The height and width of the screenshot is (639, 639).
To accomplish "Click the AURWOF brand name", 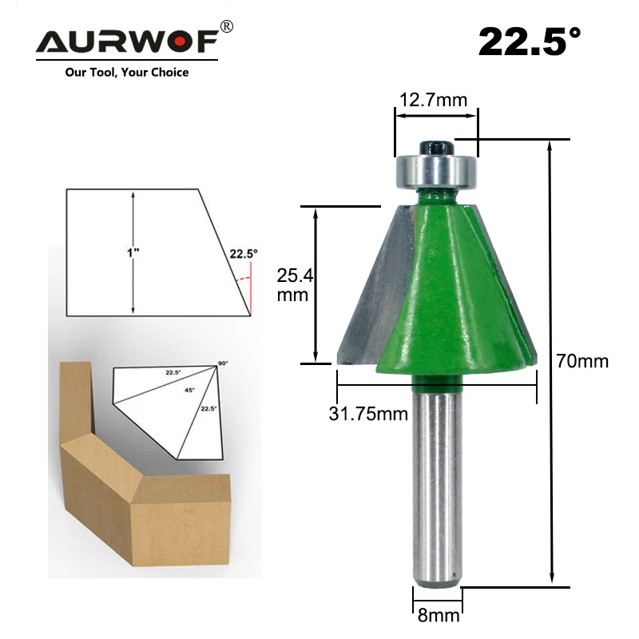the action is [x=127, y=42].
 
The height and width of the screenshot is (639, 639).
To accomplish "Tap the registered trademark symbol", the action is [x=227, y=26].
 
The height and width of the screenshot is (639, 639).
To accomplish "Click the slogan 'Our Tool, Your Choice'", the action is [x=127, y=73].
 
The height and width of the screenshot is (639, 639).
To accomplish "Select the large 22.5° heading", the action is [x=530, y=42].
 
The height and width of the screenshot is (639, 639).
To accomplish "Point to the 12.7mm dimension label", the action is [x=433, y=100].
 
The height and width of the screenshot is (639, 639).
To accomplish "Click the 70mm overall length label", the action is [x=582, y=361].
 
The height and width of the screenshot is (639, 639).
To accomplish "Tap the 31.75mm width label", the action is [x=368, y=414].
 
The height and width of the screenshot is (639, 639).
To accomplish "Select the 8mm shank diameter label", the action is [x=439, y=615].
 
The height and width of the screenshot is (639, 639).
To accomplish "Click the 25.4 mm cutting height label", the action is [x=295, y=285].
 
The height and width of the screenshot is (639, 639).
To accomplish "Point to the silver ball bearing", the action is [x=436, y=171].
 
